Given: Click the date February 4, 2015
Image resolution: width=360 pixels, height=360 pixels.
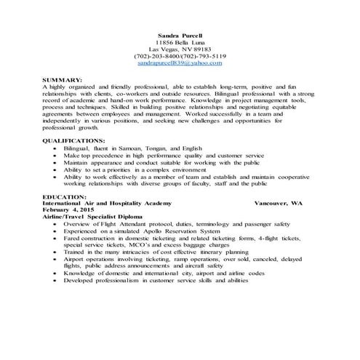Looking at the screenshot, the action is (x=71, y=212).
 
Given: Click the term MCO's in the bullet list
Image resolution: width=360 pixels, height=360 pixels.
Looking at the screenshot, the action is (x=116, y=245).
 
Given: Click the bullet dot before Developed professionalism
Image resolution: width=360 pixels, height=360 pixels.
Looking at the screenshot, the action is (x=56, y=280).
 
